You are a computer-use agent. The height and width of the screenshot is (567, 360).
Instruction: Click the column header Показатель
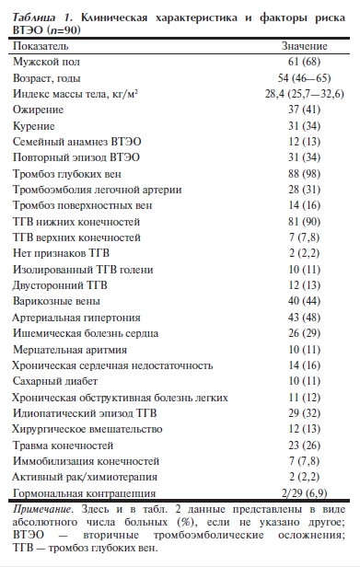tap(41, 43)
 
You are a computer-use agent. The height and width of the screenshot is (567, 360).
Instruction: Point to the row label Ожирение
tap(38, 110)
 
